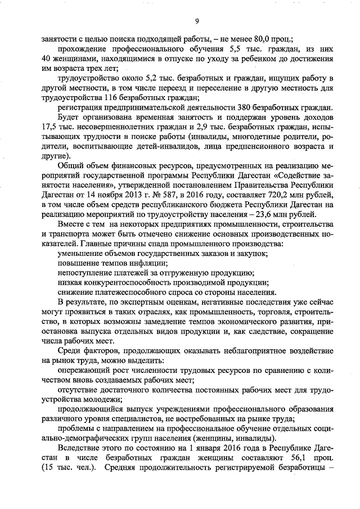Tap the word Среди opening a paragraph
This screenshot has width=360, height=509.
(69, 351)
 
